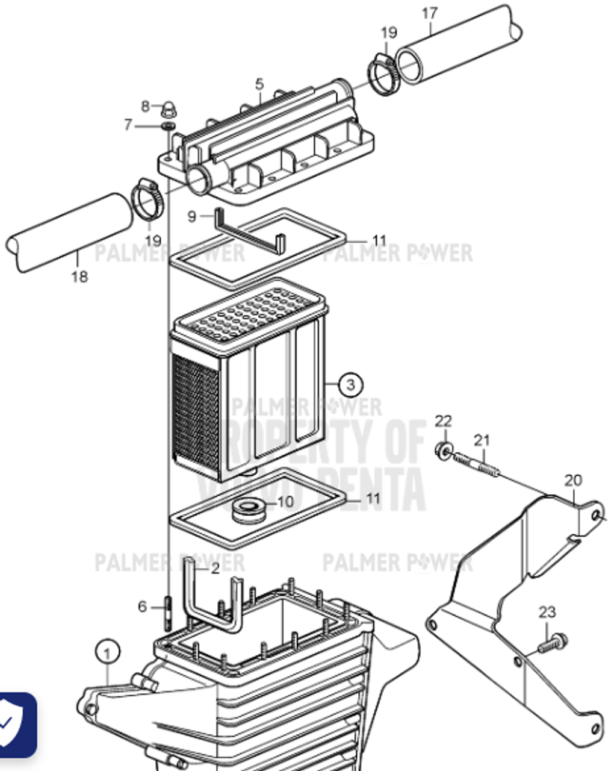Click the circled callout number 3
pyautogui.click(x=351, y=384)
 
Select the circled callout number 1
pyautogui.click(x=107, y=652)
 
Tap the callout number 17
pyautogui.click(x=430, y=13)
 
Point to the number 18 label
pyautogui.click(x=79, y=276)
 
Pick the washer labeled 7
pyautogui.click(x=168, y=126)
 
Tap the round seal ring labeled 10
pyautogui.click(x=249, y=510)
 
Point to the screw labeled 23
pyautogui.click(x=551, y=643)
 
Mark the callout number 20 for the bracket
pyautogui.click(x=573, y=480)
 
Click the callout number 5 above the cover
pyautogui.click(x=259, y=84)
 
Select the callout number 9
pyautogui.click(x=192, y=216)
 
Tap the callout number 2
pyautogui.click(x=215, y=568)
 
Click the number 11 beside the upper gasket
pyautogui.click(x=379, y=240)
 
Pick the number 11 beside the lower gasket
pyautogui.click(x=373, y=499)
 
